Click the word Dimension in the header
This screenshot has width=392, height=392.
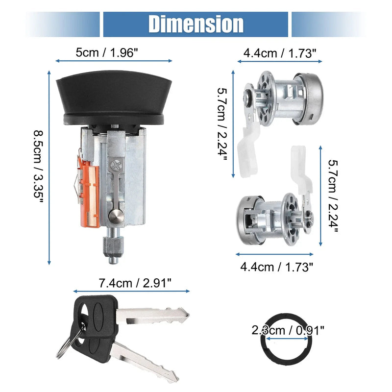point(196,24)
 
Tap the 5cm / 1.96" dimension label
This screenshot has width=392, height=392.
point(107,52)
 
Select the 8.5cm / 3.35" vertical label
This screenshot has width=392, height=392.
point(38,167)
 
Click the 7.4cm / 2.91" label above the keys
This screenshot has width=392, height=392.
point(135,283)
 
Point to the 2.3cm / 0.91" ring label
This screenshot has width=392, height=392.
point(288,330)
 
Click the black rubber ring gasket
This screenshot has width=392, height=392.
point(264,350)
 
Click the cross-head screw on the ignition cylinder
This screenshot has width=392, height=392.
point(116,166)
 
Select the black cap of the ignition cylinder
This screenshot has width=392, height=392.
point(114,98)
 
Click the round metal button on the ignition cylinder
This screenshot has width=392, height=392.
point(116,216)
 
